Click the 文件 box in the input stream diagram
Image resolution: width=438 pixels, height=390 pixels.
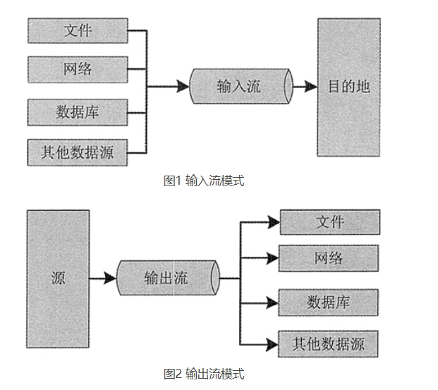(x=78, y=31)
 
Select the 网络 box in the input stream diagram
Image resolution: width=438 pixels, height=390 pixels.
(x=78, y=69)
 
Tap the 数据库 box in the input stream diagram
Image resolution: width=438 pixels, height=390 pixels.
(x=78, y=111)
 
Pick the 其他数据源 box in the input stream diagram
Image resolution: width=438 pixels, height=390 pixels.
(x=78, y=152)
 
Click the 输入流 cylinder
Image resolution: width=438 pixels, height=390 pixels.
(x=240, y=87)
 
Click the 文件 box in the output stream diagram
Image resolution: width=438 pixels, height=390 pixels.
(x=329, y=221)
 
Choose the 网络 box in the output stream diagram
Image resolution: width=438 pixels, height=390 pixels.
(x=329, y=258)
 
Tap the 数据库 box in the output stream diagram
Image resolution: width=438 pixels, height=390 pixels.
(x=329, y=303)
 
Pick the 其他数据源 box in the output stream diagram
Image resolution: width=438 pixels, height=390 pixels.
(x=329, y=344)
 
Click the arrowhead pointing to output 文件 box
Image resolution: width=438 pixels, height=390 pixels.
(x=272, y=222)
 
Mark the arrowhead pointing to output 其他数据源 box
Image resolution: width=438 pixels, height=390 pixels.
(x=272, y=344)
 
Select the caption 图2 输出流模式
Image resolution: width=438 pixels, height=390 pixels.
(x=204, y=373)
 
